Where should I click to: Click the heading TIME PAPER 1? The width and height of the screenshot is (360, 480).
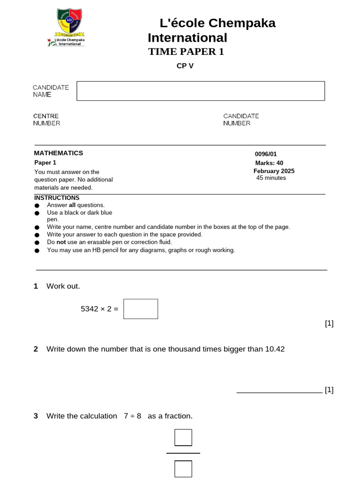(186, 52)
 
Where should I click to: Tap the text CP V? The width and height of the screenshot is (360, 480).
(185, 66)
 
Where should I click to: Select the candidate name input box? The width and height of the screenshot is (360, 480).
(201, 91)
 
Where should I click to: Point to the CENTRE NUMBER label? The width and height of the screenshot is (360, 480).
(46, 120)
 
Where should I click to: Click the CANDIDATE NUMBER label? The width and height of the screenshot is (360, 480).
(241, 120)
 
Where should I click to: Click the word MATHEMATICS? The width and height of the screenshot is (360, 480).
(59, 153)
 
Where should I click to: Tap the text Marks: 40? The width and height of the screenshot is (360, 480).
(269, 163)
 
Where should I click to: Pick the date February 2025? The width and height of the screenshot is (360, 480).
(274, 171)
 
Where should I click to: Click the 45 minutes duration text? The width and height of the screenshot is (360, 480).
(271, 178)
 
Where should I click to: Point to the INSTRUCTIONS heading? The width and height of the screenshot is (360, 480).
(57, 198)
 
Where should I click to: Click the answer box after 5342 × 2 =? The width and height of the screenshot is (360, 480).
(141, 309)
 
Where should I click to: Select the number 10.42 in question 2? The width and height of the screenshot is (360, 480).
(275, 349)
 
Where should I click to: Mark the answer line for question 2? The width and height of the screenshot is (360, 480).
(279, 392)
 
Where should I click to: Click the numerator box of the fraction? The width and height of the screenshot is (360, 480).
(183, 437)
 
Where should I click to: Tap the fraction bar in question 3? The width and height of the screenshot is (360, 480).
(183, 453)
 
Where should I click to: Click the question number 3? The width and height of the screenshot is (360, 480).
(36, 416)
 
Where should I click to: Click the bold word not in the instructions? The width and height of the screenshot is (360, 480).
(61, 242)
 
